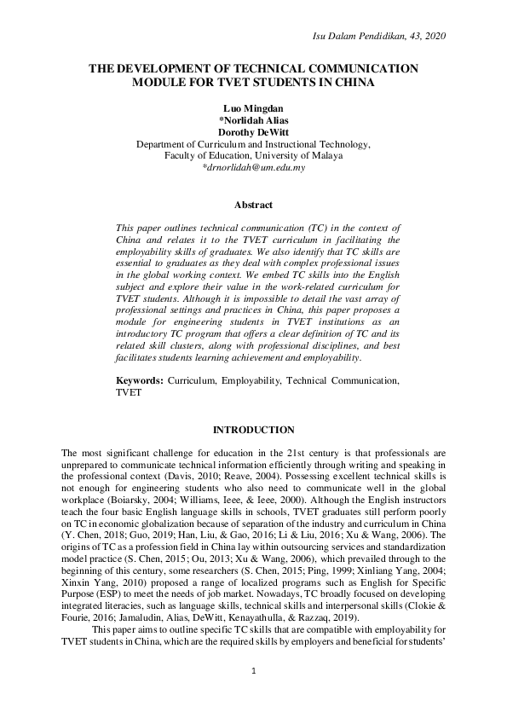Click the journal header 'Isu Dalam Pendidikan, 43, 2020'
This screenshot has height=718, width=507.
tap(380, 35)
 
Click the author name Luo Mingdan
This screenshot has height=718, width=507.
tap(253, 109)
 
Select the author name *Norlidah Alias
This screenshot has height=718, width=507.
tap(253, 121)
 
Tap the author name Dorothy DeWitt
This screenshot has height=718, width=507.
tap(253, 133)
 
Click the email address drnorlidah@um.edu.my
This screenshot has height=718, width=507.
tap(255, 168)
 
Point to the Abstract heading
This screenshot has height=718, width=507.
tap(253, 205)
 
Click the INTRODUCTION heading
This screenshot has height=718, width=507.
tap(253, 430)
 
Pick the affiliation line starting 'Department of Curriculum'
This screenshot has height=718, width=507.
tap(253, 145)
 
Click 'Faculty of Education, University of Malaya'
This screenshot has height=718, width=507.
tap(253, 156)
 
